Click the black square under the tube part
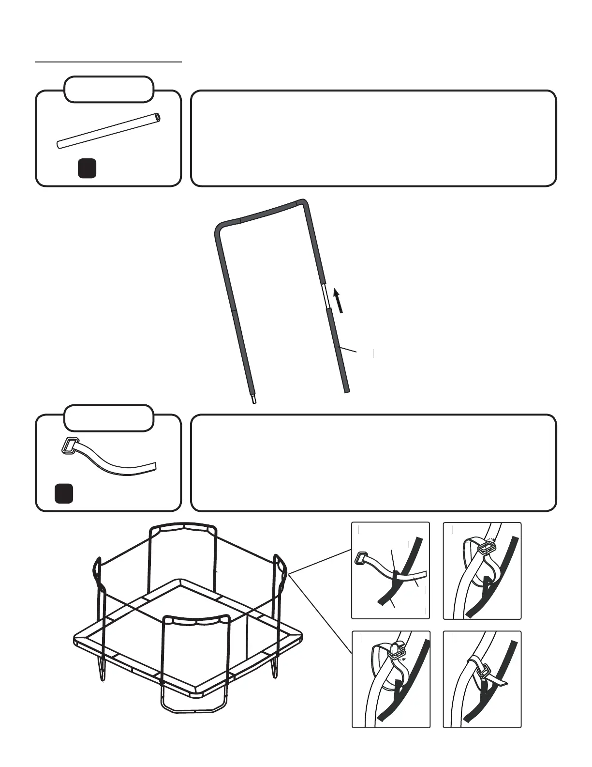click(87, 168)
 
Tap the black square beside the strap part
click(63, 493)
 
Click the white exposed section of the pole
click(326, 297)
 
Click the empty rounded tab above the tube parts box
click(109, 89)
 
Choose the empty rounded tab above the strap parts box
click(109, 418)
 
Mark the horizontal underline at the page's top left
click(108, 62)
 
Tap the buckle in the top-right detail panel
click(488, 548)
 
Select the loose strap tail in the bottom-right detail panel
click(501, 683)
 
